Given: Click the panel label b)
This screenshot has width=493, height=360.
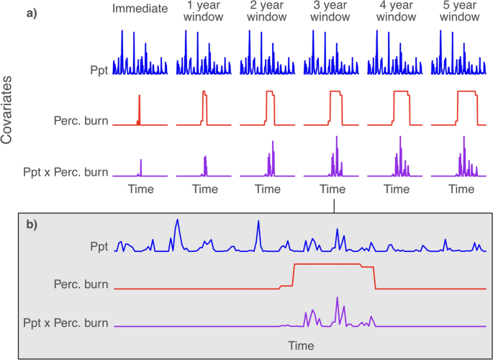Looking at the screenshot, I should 32,224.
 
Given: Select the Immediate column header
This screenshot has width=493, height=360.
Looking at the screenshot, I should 140,9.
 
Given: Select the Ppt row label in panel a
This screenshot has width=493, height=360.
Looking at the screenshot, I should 98,71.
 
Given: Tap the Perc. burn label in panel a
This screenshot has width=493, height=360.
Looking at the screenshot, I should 81,120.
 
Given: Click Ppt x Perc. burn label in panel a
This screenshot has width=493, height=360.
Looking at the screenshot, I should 66,172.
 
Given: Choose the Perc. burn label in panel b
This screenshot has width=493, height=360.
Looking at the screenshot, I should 81,284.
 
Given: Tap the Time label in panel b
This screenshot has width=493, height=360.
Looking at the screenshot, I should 301,346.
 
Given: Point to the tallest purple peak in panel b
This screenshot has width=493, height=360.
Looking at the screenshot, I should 337,298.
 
